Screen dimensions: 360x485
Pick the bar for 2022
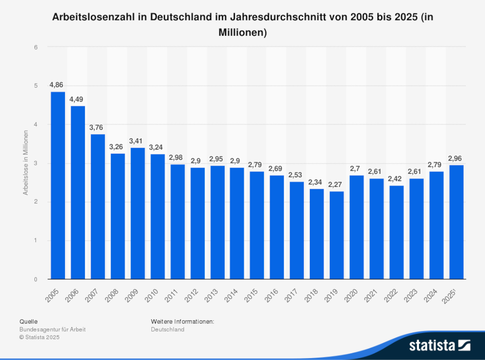tap(396, 233)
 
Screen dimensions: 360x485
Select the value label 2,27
tap(337, 185)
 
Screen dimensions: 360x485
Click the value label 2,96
tap(456, 158)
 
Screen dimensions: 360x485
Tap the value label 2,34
tap(317, 182)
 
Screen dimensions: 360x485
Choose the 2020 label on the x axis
tap(351, 296)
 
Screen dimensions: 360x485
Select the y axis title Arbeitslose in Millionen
tap(25, 163)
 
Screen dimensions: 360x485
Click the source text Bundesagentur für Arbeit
tap(52, 329)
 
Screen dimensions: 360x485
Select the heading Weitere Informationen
tap(182, 321)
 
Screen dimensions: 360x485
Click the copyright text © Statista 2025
tap(39, 337)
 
